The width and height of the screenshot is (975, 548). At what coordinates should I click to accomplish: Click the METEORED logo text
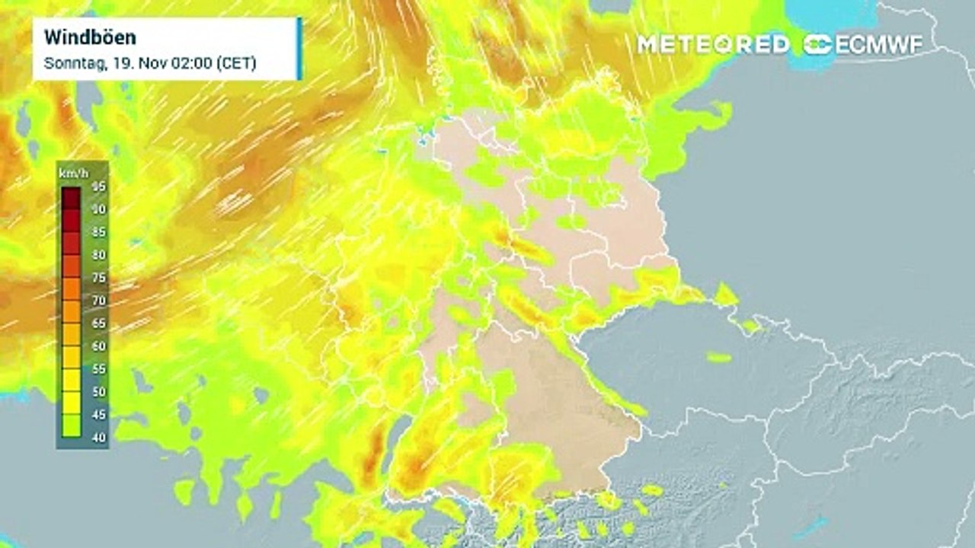pos(714,44)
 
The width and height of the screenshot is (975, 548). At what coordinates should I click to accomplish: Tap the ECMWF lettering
pos(879,44)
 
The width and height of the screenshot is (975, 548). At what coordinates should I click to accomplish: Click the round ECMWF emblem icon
pos(818,44)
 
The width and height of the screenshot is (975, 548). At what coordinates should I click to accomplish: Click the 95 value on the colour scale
pos(99,186)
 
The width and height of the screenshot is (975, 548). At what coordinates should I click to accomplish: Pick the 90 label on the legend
pos(99,209)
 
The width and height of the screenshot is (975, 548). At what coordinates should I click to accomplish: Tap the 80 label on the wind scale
pos(99,255)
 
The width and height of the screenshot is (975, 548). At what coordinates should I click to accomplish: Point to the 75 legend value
pos(99,278)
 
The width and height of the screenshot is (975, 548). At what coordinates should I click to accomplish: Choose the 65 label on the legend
pos(99,323)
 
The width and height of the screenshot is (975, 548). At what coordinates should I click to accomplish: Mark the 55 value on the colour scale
pos(99,369)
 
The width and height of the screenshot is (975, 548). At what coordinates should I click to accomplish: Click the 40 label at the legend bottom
pos(99,438)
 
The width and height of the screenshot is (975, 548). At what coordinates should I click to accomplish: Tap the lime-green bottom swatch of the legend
pos(72,426)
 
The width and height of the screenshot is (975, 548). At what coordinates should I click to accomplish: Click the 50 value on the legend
pos(99,392)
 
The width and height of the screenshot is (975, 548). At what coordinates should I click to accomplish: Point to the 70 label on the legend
pos(99,301)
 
